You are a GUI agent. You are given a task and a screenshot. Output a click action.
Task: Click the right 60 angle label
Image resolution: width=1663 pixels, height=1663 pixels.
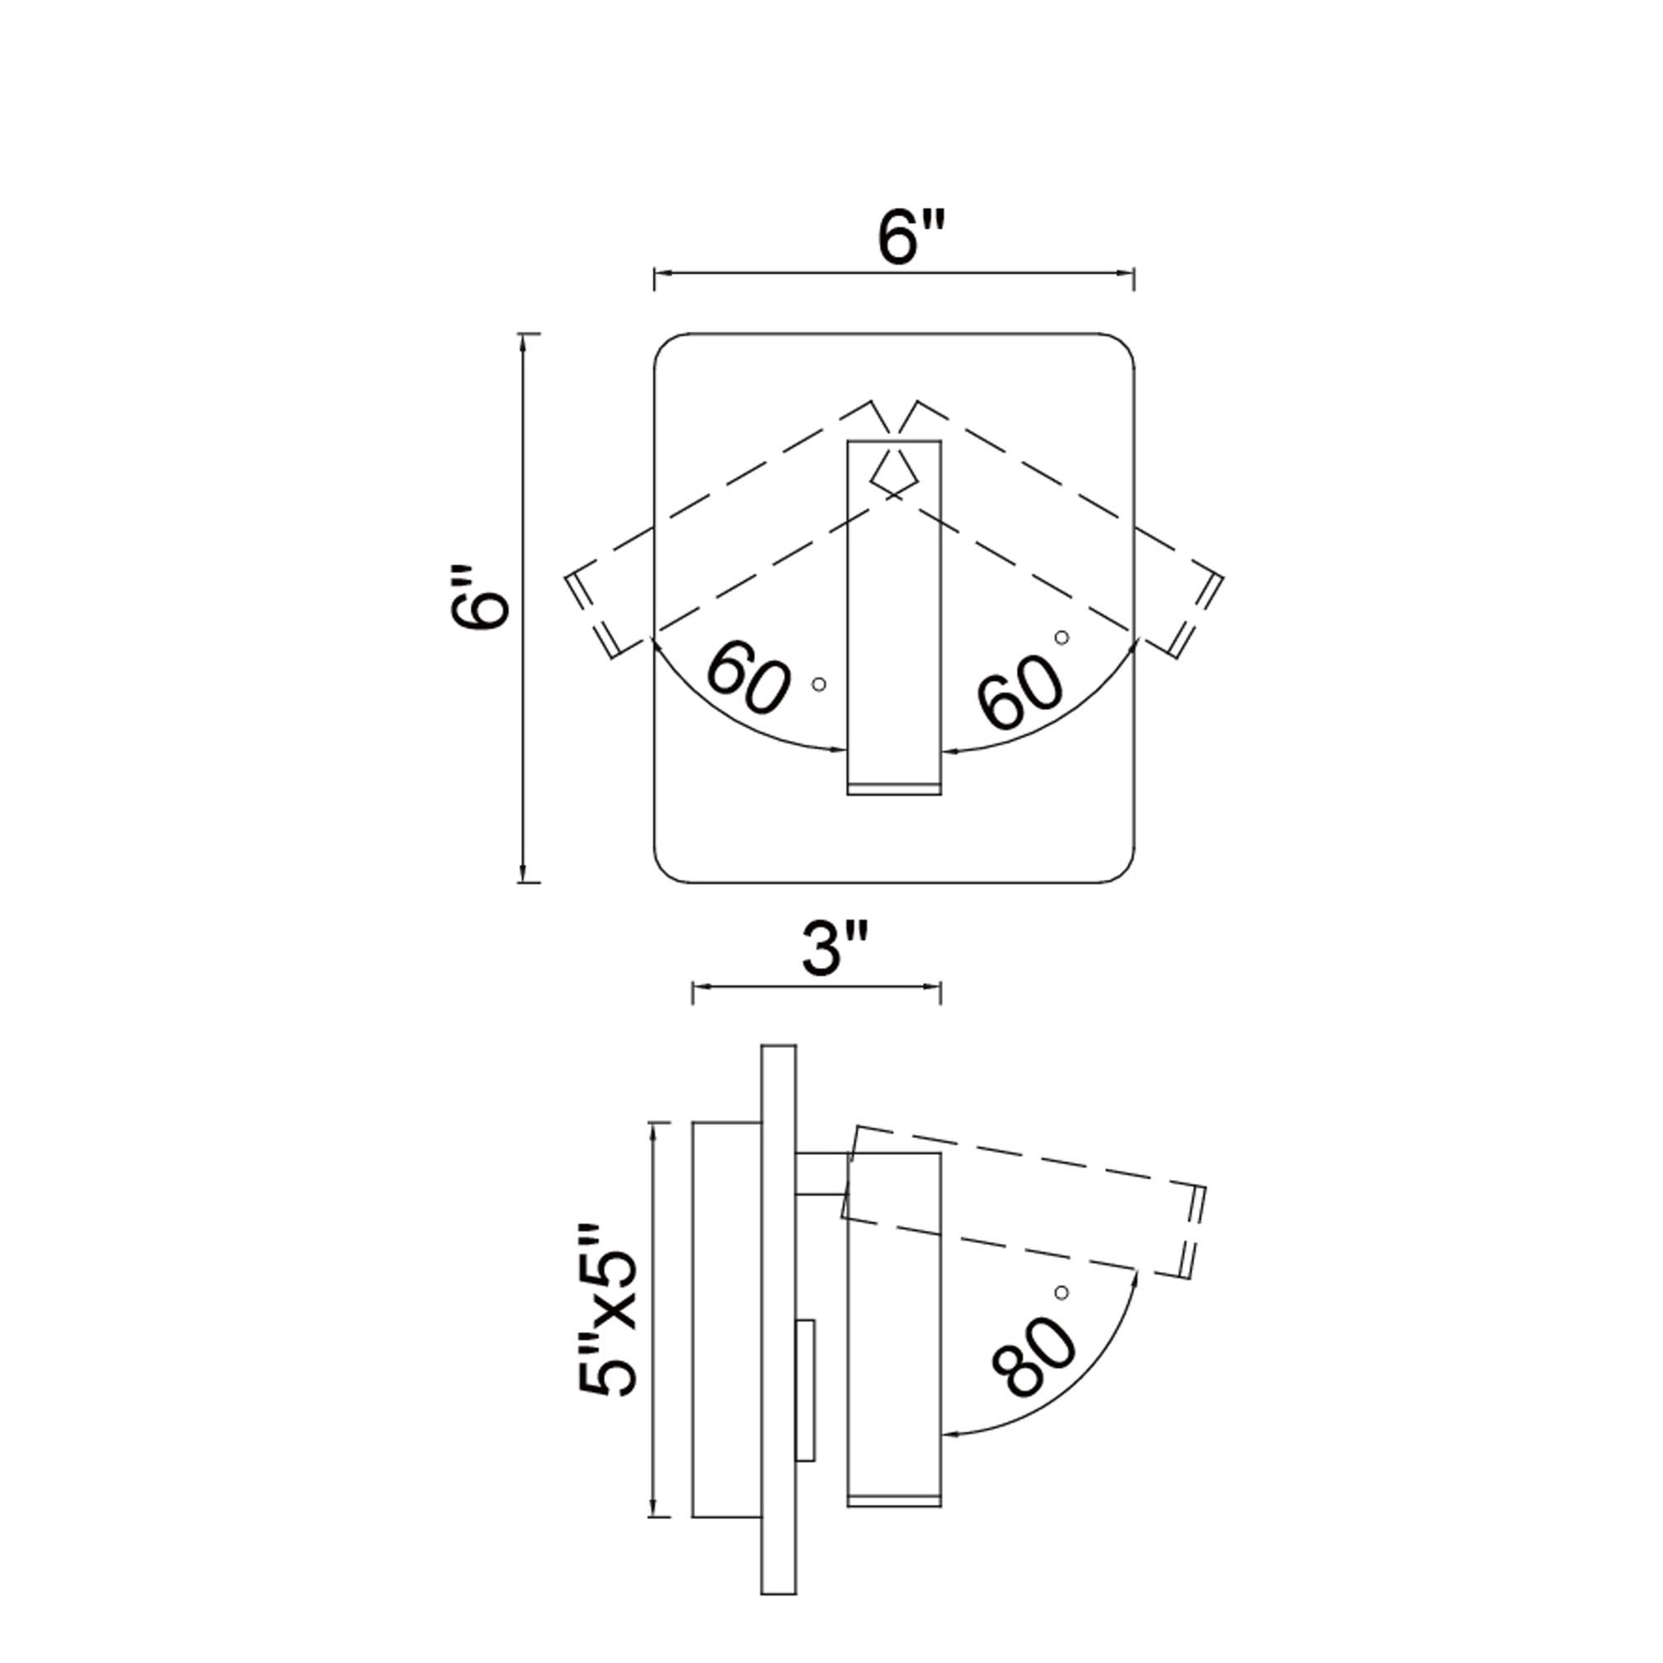click(x=1022, y=691)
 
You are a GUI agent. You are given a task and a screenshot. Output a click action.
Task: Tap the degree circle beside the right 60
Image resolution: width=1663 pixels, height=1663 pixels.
click(x=1062, y=637)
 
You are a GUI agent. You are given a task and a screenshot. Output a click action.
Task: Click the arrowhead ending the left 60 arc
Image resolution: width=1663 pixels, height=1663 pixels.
click(x=839, y=750)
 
